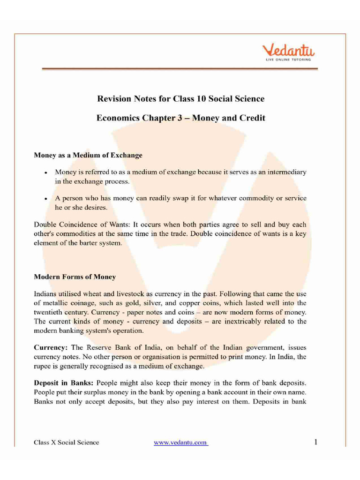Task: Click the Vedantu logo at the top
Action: tap(288, 50)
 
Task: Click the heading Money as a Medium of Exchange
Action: tap(88, 154)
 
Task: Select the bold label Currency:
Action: tap(51, 347)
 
